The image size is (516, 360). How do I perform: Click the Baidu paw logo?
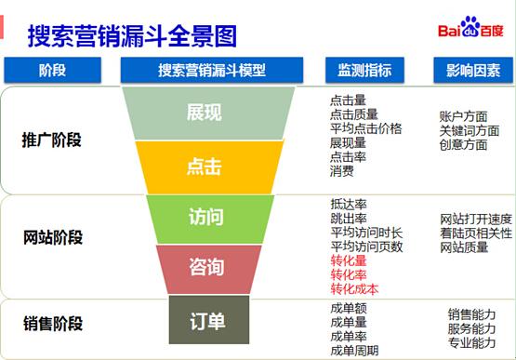tap(470, 26)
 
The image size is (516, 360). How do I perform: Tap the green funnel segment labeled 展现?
tap(208, 113)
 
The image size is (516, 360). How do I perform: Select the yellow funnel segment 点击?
tap(209, 167)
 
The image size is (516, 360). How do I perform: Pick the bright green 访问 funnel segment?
tap(209, 219)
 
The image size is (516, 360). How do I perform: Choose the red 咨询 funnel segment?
tap(208, 269)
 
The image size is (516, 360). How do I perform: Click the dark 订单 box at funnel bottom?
tap(209, 320)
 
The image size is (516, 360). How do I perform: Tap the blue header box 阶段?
tap(52, 70)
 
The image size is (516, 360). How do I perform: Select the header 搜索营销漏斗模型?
tap(212, 70)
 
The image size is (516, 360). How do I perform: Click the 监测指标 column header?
tap(364, 70)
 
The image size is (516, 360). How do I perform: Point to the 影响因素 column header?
tap(473, 70)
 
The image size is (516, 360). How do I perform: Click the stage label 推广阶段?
tap(52, 140)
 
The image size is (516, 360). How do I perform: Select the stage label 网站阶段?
tap(53, 237)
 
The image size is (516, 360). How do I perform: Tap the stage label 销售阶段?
tap(53, 323)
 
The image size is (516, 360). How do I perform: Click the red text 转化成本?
tap(354, 289)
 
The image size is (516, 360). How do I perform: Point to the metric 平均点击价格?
tap(366, 128)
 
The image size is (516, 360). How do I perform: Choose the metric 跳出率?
tap(349, 218)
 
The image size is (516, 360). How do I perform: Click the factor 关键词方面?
tap(470, 131)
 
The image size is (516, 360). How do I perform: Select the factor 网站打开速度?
tap(476, 219)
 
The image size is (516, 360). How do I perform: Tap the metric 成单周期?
tap(354, 351)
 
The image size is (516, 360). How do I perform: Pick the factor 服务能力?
tap(471, 328)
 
